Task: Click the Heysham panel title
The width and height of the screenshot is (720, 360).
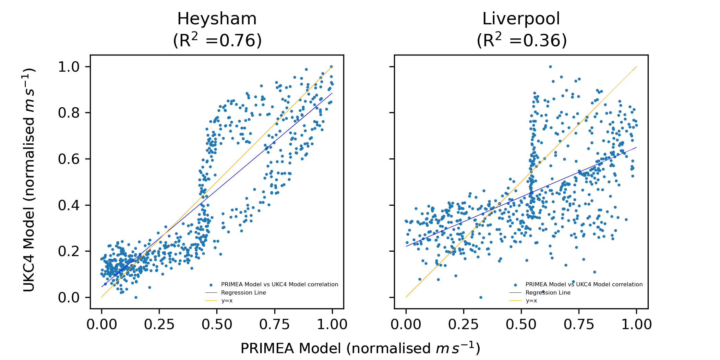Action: pos(217,19)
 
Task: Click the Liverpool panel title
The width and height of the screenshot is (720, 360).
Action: pos(521,19)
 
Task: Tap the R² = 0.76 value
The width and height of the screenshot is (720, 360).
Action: pos(217,40)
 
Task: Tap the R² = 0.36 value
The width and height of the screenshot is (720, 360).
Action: pos(521,40)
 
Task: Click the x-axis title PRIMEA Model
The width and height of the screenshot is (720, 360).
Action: pos(360,348)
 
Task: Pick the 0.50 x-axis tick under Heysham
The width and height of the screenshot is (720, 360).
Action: pos(217,324)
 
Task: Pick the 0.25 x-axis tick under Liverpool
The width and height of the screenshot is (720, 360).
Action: pos(464,324)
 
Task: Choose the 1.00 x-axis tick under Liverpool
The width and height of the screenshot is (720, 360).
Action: pos(637,324)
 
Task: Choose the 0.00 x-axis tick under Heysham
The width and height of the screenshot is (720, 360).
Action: pos(101,324)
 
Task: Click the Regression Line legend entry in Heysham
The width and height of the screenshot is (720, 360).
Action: pos(243,292)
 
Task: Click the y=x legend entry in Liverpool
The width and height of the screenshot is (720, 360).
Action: pos(531,301)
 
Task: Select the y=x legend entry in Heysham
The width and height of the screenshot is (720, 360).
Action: pos(227,301)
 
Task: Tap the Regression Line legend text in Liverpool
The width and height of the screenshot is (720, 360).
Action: pos(548,292)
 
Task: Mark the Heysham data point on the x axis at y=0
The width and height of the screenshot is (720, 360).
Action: pos(136,297)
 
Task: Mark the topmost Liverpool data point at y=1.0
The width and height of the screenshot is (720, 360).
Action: pos(550,67)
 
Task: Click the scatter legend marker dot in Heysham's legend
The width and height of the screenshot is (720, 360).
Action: pos(211,285)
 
